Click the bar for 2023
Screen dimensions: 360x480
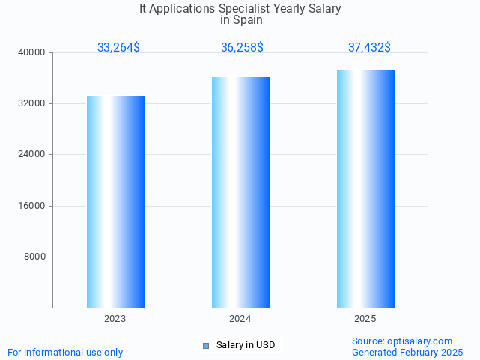[x=115, y=201]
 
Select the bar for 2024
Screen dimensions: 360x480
[x=240, y=192]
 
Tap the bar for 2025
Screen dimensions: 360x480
[x=365, y=189]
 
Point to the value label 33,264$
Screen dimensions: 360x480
[x=118, y=48]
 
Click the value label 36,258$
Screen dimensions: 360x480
[x=242, y=48]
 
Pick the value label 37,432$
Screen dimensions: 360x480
[x=369, y=48]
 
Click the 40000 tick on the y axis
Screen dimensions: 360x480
[x=32, y=52]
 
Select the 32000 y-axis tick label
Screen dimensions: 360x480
[x=32, y=103]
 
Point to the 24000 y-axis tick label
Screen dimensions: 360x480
[x=32, y=155]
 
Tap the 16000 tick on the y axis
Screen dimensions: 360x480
[x=32, y=206]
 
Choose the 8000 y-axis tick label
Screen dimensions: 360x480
[x=34, y=257]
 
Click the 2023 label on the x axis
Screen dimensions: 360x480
[x=115, y=319]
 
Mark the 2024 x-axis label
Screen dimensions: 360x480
[x=240, y=319]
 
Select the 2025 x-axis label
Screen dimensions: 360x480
[x=365, y=319]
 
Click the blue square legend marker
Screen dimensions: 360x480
[x=206, y=345]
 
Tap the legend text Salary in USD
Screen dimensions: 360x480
[x=246, y=345]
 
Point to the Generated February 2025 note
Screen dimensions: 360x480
[x=407, y=353]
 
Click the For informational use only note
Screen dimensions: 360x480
[x=65, y=353]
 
